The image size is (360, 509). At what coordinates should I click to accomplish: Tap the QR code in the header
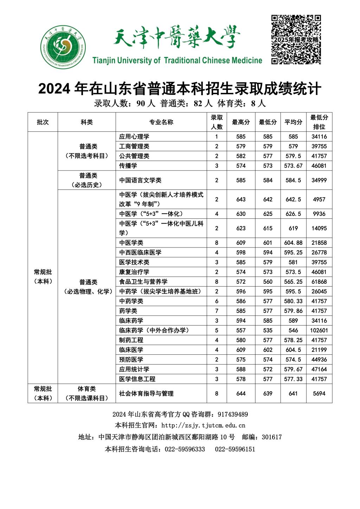tap(296, 39)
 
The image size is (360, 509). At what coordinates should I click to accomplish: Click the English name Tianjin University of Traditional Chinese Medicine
tap(178, 60)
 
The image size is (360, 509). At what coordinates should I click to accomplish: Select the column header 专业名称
tap(161, 122)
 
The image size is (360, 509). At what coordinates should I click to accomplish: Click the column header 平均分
tap(293, 122)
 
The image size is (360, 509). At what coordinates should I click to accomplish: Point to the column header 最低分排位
tap(319, 122)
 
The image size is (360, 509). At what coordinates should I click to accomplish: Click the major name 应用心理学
tap(134, 136)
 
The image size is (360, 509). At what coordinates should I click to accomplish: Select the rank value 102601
tap(319, 330)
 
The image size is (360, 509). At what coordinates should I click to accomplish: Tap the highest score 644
tap(241, 393)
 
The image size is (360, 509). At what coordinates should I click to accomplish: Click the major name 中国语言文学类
tap(140, 180)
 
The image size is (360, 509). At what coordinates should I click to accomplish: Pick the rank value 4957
tap(319, 199)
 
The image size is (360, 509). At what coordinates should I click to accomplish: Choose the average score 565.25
tap(293, 282)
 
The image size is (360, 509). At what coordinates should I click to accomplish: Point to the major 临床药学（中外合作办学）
tap(154, 330)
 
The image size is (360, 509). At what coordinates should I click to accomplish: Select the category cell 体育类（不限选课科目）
tap(86, 393)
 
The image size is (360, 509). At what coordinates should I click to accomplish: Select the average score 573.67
tap(293, 166)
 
